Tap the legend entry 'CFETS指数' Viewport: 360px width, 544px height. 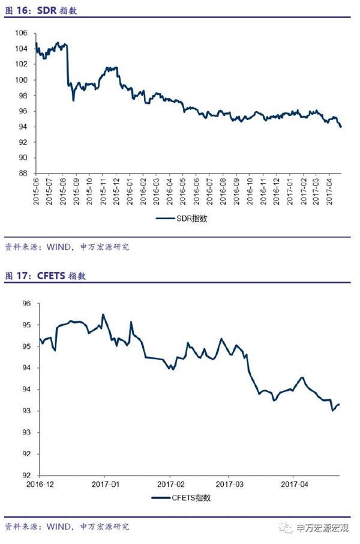pos(182,498)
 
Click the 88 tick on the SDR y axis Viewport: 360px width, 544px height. pos(23,173)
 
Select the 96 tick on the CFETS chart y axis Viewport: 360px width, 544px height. pos(26,304)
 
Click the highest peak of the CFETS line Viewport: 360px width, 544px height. pos(103,314)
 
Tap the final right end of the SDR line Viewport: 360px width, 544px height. pos(341,127)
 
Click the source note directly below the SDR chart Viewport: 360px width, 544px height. pos(67,247)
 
